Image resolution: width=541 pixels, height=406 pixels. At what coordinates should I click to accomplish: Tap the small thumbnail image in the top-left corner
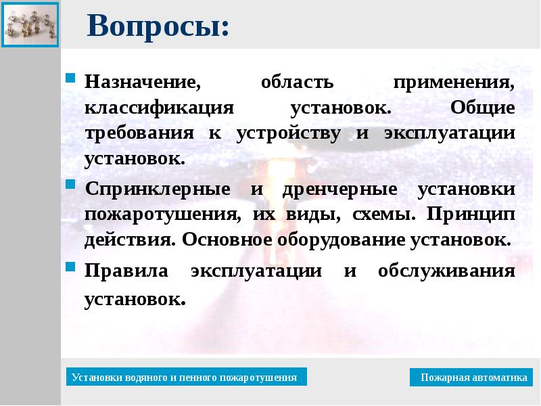tap(30, 23)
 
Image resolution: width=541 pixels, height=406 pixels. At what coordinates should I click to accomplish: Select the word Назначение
tap(143, 83)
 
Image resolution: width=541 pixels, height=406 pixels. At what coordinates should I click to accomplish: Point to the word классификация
tap(160, 108)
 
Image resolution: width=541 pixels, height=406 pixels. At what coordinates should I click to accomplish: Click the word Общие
tap(482, 108)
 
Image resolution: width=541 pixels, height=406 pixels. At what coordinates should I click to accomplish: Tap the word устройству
tap(289, 133)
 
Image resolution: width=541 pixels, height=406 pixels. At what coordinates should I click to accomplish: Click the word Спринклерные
tap(158, 189)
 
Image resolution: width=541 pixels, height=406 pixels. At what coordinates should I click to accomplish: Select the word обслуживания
tap(446, 271)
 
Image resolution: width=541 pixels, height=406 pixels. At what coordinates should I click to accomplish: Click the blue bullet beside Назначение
tap(70, 78)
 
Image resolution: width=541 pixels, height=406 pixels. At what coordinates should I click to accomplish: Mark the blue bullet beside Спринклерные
tap(70, 185)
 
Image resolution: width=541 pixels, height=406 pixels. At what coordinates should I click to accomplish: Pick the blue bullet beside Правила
tap(70, 267)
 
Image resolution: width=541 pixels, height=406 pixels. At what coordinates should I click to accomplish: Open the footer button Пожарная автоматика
tap(471, 378)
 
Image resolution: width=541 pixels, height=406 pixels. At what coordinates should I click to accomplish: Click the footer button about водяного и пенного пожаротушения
tap(186, 378)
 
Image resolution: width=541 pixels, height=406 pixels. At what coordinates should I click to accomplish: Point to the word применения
tap(454, 83)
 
